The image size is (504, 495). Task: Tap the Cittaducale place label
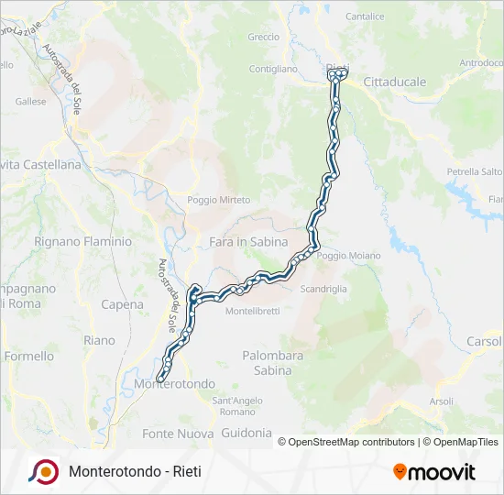(x=395, y=82)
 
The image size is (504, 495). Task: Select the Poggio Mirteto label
(x=219, y=200)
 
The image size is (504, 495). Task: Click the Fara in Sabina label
(x=248, y=242)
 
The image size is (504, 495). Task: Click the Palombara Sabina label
(x=267, y=362)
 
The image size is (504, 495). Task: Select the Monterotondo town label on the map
(x=174, y=383)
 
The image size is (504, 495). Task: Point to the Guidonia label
(x=247, y=432)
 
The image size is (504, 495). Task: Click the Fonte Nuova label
(x=171, y=433)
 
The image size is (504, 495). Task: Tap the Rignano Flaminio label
(x=71, y=242)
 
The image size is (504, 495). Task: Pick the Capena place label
(x=122, y=304)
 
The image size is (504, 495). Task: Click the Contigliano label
(x=273, y=69)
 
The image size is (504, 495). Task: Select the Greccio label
(x=263, y=38)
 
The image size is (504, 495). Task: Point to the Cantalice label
(x=365, y=16)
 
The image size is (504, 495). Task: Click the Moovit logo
(x=434, y=472)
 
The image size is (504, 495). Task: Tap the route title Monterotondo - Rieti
(x=135, y=472)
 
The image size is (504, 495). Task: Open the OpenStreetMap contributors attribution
(x=350, y=442)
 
